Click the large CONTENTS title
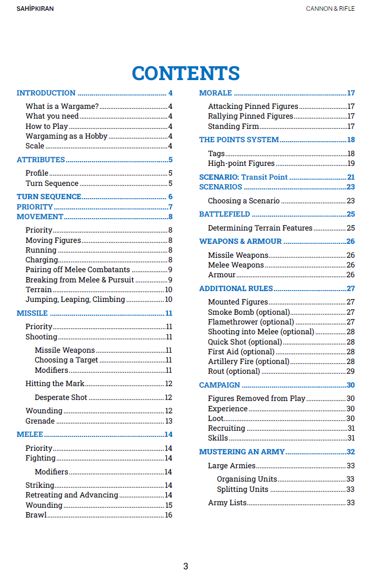tap(186, 73)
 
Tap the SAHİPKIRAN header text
tap(35, 9)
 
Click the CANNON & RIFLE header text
tap(330, 9)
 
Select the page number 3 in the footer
tap(186, 566)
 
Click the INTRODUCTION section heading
tap(46, 93)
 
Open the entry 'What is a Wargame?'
tap(62, 106)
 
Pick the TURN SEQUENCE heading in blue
tap(49, 197)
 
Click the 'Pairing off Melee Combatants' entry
tap(77, 270)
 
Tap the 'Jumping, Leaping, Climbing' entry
tap(75, 299)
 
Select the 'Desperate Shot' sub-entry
tap(61, 397)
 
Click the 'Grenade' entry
tap(40, 421)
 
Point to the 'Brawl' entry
tap(36, 515)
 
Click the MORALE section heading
tap(216, 93)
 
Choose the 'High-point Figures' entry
tap(241, 163)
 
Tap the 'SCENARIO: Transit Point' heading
tap(243, 177)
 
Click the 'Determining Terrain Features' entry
tap(260, 228)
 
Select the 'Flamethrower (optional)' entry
tap(251, 322)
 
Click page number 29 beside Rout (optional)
tap(350, 371)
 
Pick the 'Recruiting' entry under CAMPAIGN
tap(226, 428)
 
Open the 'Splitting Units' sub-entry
tap(242, 489)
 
